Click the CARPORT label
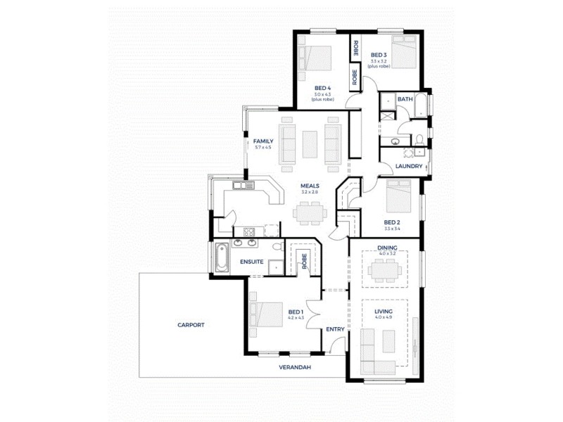click(191, 325)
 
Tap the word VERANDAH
click(293, 367)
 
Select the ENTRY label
click(335, 329)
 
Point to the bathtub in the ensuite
click(221, 257)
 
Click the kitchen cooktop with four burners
click(248, 231)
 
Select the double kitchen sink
click(244, 186)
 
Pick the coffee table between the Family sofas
click(310, 144)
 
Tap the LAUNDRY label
click(408, 167)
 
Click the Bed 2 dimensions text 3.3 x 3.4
click(392, 229)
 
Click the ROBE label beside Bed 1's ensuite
click(305, 261)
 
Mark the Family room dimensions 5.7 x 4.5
click(262, 147)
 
